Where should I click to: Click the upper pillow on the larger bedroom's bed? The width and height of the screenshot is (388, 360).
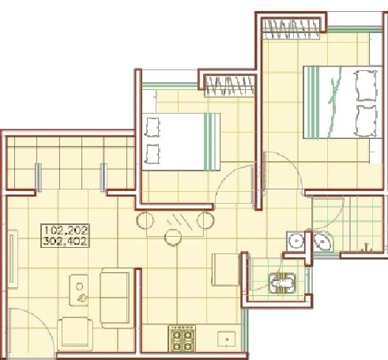pos(365,84)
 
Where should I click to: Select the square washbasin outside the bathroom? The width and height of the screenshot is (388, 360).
pos(296,240)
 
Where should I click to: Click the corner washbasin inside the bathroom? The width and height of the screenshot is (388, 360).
pos(322,241)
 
